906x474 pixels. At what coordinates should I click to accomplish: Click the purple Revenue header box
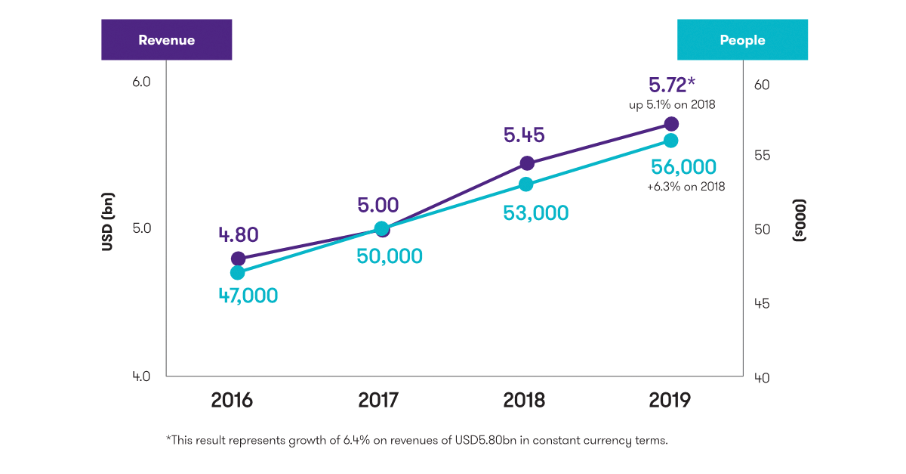coord(166,40)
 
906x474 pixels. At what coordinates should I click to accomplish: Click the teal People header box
coord(742,40)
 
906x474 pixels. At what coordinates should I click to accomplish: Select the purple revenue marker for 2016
coord(238,259)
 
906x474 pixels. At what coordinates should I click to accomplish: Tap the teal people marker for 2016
coord(238,273)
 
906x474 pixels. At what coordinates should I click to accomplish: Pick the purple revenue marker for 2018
coord(527,163)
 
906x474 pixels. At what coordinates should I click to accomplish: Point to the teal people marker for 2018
coord(526,184)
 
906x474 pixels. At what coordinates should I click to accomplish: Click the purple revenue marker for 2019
coord(671,124)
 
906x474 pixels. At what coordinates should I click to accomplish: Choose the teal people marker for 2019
coord(671,141)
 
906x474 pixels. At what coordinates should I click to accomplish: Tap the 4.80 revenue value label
coord(238,234)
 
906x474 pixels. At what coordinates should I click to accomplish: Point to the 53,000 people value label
coord(535,213)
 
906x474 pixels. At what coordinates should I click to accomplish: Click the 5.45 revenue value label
coord(524,136)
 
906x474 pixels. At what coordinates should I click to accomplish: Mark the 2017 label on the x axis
coord(377,400)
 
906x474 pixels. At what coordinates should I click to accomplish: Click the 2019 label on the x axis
coord(670,400)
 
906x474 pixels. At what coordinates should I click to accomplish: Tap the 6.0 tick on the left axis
coord(141,81)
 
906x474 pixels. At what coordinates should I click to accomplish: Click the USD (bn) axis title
coord(107,227)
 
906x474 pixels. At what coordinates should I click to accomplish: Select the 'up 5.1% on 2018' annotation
coord(672,105)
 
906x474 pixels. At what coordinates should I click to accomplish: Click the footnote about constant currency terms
coord(417,440)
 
